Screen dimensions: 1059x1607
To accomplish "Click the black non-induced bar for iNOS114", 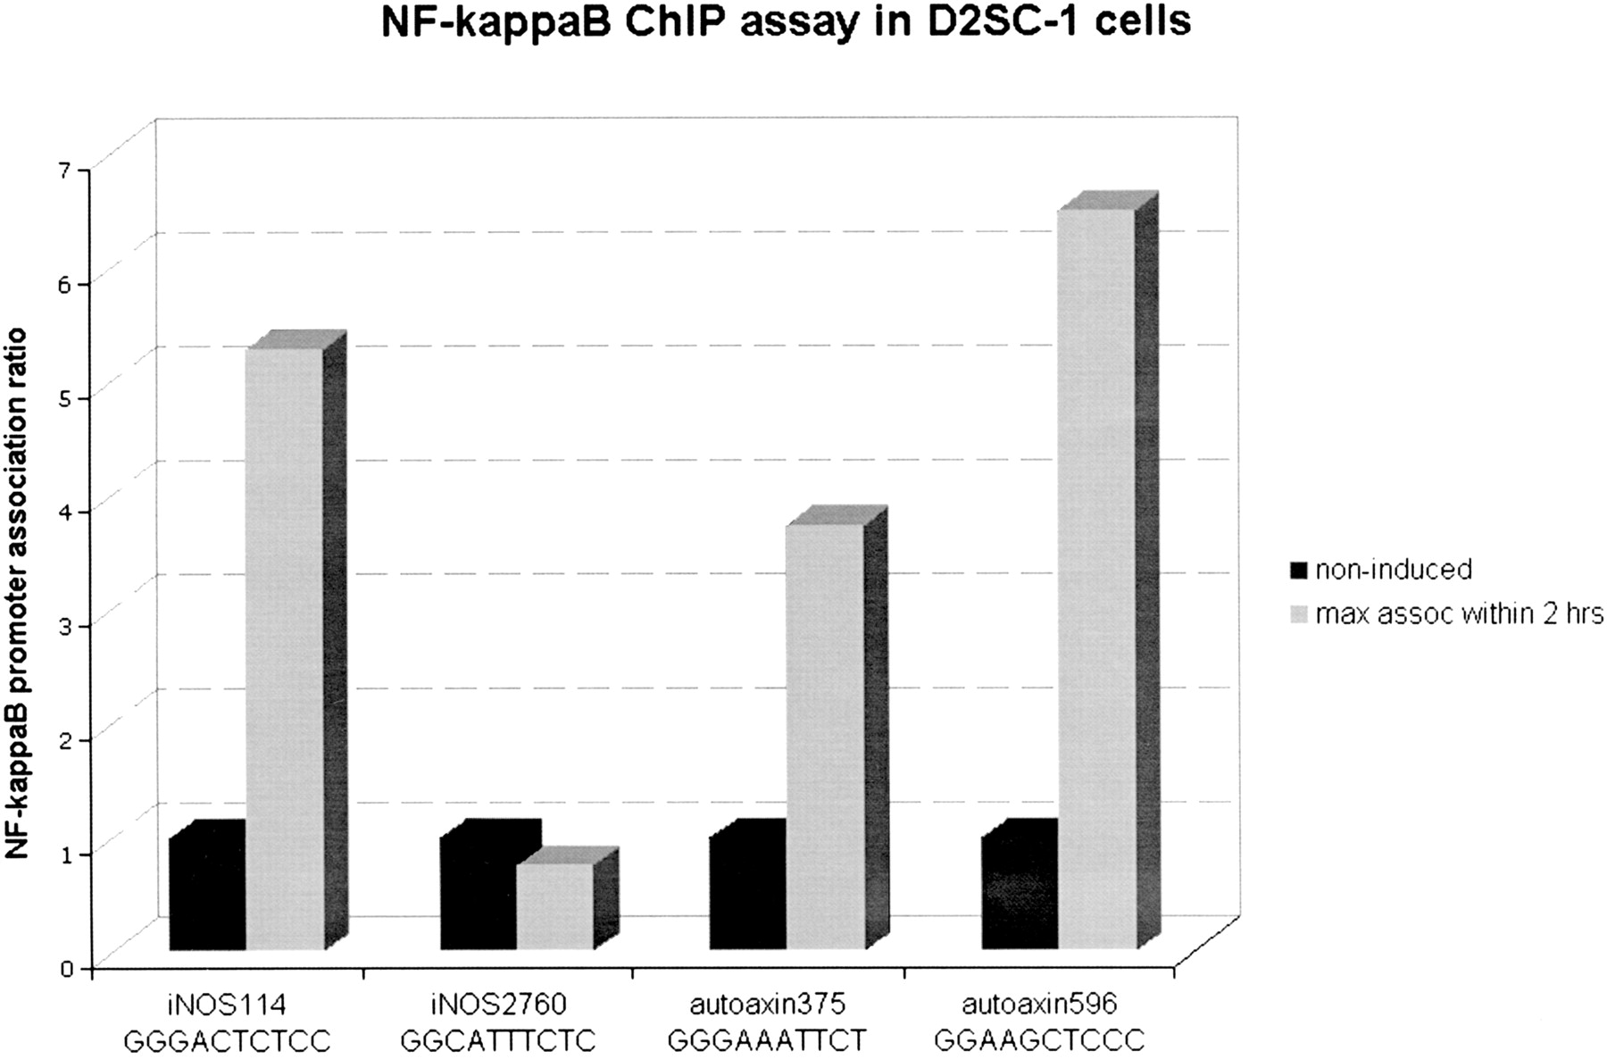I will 207,893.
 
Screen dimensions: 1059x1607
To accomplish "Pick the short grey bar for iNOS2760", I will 554,905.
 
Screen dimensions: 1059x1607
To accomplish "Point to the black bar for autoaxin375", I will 748,893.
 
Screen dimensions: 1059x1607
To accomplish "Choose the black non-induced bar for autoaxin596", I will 1020,893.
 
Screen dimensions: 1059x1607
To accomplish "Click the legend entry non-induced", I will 1393,569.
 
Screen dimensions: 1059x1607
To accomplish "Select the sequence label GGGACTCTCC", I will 227,1041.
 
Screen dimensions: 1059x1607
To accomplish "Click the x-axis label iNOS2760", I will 497,1005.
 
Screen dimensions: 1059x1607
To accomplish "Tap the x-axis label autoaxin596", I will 1039,1005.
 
